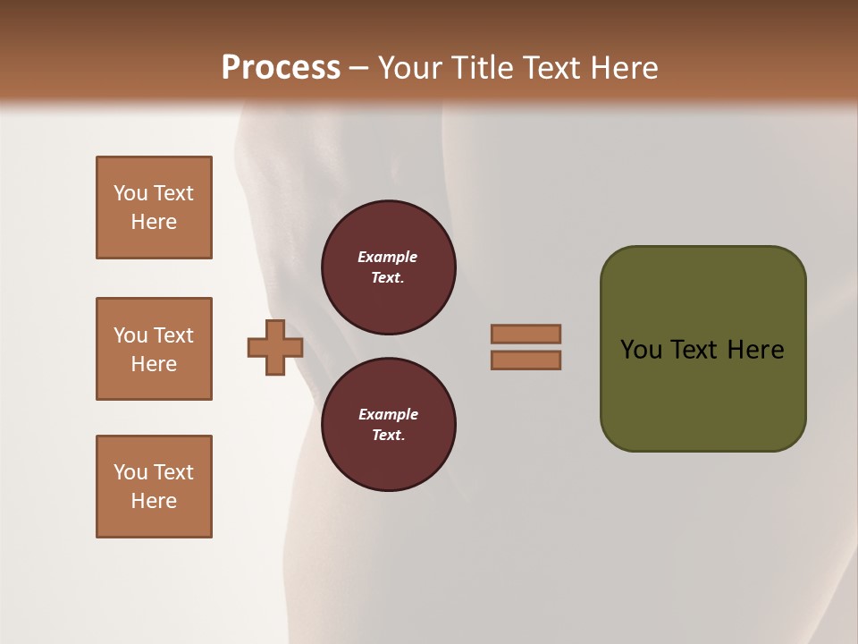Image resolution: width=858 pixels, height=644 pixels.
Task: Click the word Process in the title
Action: pyautogui.click(x=281, y=68)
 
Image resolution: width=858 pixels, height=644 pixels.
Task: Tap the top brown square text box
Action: pyautogui.click(x=154, y=208)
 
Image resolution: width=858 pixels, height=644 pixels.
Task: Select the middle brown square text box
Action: pyautogui.click(x=154, y=349)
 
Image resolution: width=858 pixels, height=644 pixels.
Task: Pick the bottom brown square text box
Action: pyautogui.click(x=154, y=487)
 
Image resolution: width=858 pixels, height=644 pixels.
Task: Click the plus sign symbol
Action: pyautogui.click(x=275, y=347)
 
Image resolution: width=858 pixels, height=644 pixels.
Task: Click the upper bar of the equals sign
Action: pyautogui.click(x=526, y=334)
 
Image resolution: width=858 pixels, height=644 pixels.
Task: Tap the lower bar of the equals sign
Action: pyautogui.click(x=526, y=360)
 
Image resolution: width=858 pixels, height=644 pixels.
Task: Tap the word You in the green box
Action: pyautogui.click(x=642, y=350)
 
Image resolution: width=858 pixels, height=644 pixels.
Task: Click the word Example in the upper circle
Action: pyautogui.click(x=388, y=257)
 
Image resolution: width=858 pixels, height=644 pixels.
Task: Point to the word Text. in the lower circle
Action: pyautogui.click(x=388, y=436)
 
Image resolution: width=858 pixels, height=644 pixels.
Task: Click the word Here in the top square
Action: pyautogui.click(x=154, y=222)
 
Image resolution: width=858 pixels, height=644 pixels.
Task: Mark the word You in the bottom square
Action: pyautogui.click(x=130, y=472)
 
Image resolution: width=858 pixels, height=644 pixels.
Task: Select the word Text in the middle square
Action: pyautogui.click(x=173, y=335)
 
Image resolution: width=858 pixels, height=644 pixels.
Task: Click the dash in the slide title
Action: pyautogui.click(x=359, y=68)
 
